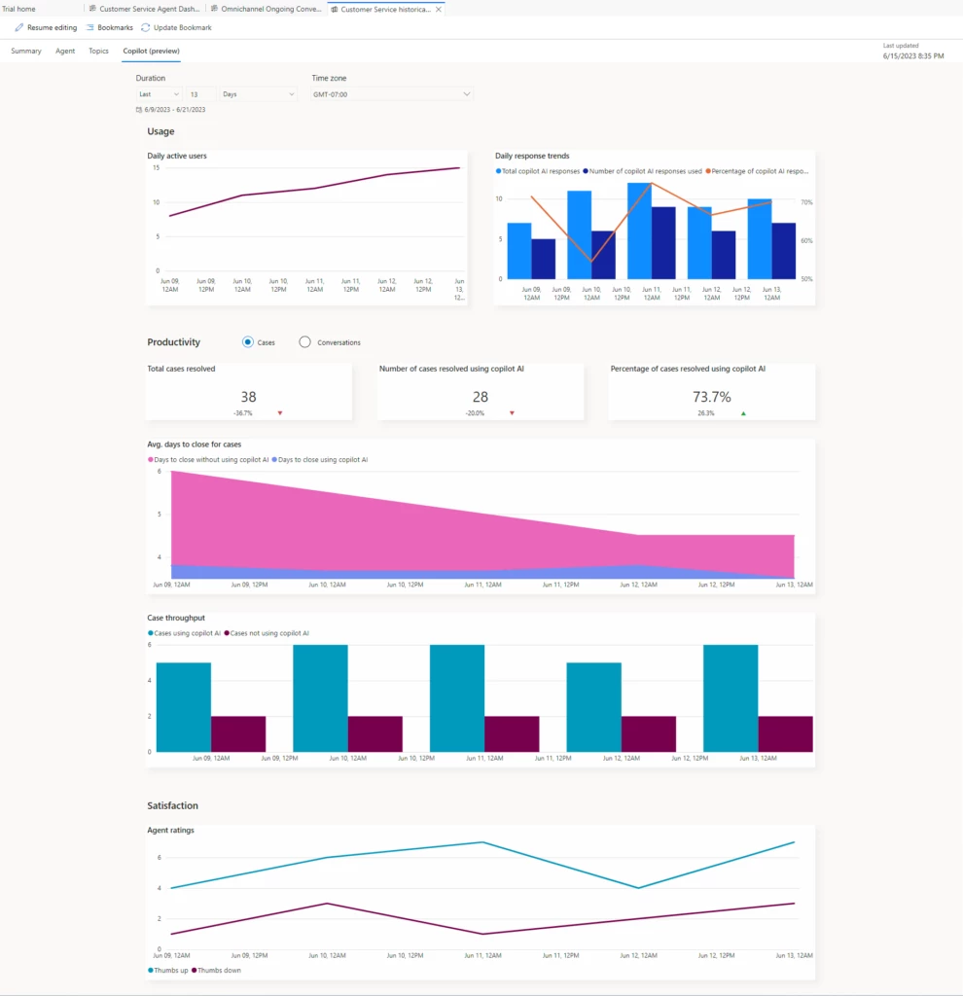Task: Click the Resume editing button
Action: [x=46, y=27]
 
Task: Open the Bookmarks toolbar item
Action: [x=110, y=27]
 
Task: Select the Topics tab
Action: [x=98, y=51]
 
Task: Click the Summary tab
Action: [x=26, y=51]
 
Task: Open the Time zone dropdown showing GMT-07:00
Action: [x=392, y=94]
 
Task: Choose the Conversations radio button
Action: [x=305, y=342]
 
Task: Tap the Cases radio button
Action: [x=248, y=342]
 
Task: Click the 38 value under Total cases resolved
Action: [x=248, y=397]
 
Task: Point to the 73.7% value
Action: [x=712, y=397]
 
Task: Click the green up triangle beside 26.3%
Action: [x=744, y=413]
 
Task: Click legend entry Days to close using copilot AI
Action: [x=320, y=459]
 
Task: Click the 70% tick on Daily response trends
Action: [x=806, y=202]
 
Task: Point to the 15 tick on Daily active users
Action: [x=156, y=167]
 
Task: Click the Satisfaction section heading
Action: [x=172, y=805]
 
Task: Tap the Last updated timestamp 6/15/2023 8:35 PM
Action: [x=912, y=56]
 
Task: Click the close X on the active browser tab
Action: [x=438, y=9]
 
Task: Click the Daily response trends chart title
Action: [x=532, y=156]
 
